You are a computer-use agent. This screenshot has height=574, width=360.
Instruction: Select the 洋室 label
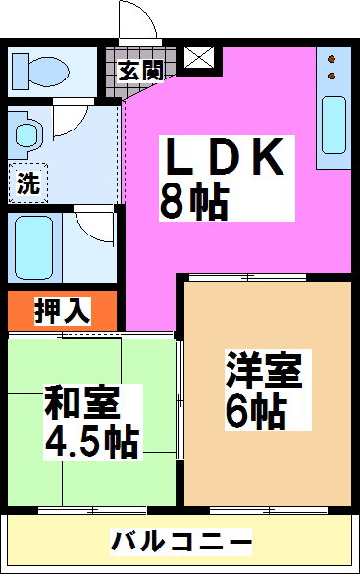click(x=264, y=374)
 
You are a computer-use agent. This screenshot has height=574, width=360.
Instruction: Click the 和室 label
click(x=81, y=402)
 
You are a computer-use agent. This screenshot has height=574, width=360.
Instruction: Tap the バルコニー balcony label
click(x=180, y=541)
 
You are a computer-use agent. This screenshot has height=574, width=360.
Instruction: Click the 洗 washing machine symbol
click(x=27, y=182)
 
